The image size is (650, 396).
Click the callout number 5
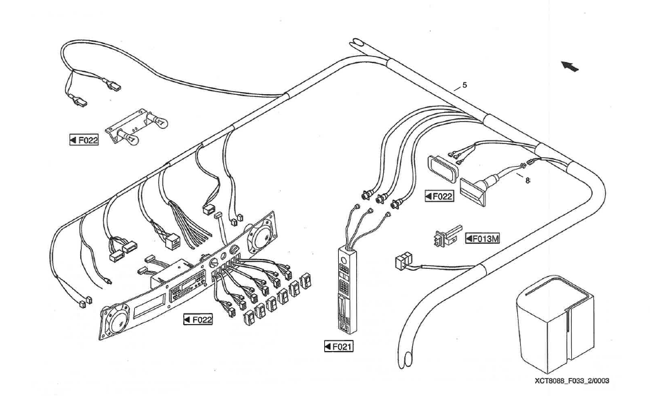click(464, 85)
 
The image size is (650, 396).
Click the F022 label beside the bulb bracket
click(83, 139)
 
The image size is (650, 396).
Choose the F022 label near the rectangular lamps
click(438, 196)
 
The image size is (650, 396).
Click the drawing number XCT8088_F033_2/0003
click(571, 380)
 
